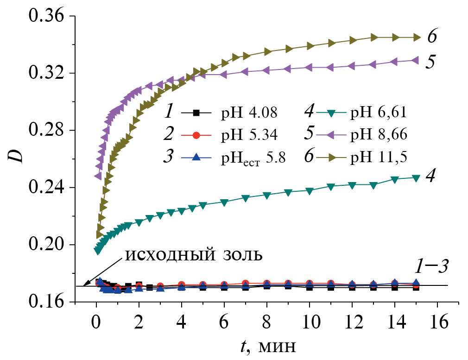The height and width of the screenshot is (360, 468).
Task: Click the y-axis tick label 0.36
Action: pos(46,16)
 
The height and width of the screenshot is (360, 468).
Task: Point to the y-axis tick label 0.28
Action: pos(46,131)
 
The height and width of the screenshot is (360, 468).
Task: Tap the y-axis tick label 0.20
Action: pos(46,245)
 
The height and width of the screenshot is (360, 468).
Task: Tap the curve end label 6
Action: pos(431,37)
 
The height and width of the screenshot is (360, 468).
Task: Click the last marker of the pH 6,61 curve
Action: pos(416,178)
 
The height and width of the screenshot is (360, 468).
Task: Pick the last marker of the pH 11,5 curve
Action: pos(417,38)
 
